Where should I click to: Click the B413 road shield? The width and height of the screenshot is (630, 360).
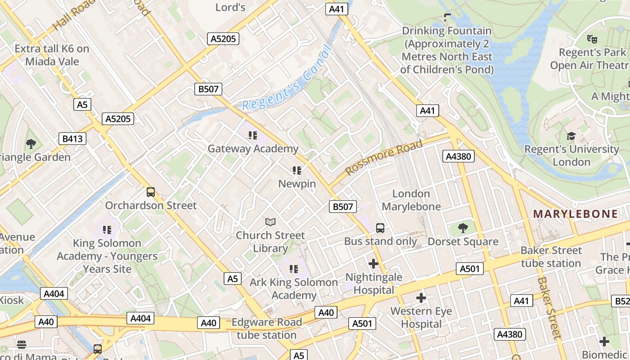click(72, 139)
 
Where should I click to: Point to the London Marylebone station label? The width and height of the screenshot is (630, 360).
click(411, 200)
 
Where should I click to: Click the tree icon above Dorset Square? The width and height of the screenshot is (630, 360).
click(463, 229)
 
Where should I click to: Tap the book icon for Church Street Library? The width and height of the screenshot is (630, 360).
click(270, 222)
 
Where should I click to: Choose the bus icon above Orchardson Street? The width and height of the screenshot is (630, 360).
click(151, 192)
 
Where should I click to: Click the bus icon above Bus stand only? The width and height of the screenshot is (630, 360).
click(380, 228)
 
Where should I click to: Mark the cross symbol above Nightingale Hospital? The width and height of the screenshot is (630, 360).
click(373, 264)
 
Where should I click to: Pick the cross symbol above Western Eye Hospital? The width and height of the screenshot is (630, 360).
click(421, 298)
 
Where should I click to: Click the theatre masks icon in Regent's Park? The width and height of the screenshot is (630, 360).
click(592, 39)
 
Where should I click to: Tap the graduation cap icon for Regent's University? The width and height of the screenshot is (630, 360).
click(571, 136)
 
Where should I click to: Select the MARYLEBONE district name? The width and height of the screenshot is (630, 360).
click(575, 214)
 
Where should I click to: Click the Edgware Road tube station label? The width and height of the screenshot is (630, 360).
click(266, 328)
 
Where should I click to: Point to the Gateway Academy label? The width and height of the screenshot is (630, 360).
click(252, 148)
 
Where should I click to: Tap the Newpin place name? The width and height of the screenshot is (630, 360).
click(297, 184)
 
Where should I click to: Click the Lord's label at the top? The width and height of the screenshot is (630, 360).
click(230, 7)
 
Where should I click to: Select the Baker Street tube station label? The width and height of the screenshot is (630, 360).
click(551, 256)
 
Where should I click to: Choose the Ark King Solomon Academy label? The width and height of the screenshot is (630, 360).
click(294, 288)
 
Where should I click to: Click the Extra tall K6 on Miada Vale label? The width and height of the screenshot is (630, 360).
click(52, 55)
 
